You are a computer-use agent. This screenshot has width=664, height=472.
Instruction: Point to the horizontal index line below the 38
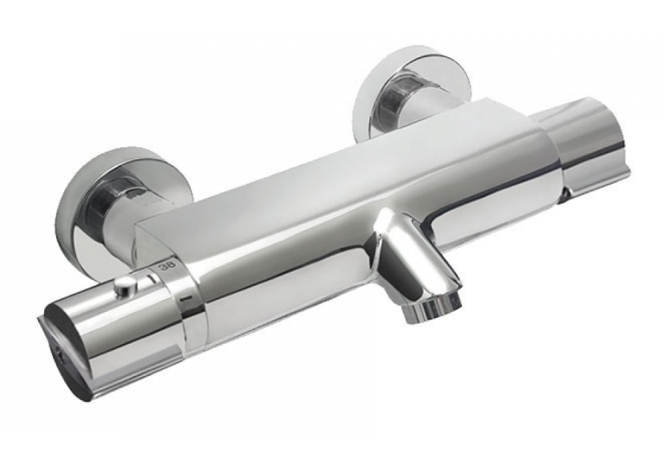coord(185,300)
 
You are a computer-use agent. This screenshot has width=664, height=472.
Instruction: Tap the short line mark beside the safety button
coord(151,279)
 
